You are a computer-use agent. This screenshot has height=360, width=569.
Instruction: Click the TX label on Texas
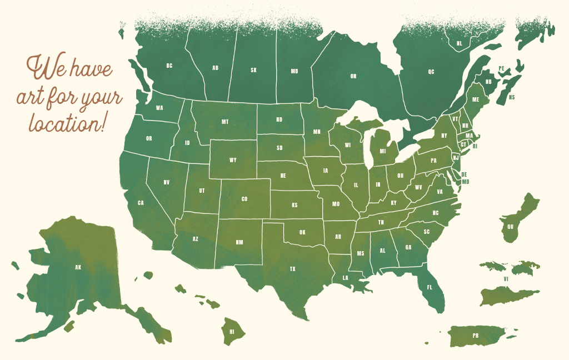coord(292,269)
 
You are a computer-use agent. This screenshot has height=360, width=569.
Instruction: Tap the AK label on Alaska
coord(78,267)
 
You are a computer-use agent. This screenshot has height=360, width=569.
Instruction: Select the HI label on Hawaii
coord(232,331)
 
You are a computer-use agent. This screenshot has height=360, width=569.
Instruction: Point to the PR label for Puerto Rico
coord(475,336)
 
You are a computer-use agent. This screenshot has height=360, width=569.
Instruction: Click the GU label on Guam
coord(510,227)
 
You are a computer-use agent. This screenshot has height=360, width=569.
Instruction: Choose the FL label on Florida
coord(429,287)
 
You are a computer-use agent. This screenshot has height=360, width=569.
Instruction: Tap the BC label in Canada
coord(169,66)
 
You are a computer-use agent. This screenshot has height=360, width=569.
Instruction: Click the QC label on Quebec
coord(431,72)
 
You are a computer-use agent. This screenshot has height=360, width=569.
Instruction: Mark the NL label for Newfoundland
coord(459,43)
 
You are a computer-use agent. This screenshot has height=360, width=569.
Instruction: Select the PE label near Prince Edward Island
coord(501,68)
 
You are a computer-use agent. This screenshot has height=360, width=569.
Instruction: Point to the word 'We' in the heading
coord(43,69)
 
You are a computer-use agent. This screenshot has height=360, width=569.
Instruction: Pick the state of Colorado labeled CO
coord(244,199)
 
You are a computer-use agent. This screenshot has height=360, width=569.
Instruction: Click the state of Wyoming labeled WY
coord(233,160)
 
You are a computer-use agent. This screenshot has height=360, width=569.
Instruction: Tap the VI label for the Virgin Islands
coord(506,278)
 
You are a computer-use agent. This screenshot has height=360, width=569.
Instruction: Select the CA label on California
coord(141,203)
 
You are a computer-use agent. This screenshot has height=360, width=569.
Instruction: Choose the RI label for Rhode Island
coord(475,146)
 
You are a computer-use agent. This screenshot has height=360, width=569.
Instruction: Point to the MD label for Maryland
coord(466,182)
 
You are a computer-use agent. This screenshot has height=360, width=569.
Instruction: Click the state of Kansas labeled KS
coord(295,205)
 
